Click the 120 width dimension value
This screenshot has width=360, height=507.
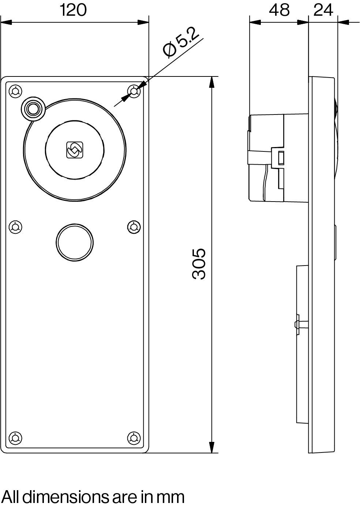click(x=73, y=10)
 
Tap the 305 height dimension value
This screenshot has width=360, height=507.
click(x=199, y=264)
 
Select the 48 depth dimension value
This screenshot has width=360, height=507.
click(x=279, y=10)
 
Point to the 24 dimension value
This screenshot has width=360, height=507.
click(x=323, y=10)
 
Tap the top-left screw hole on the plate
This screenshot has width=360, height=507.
click(x=15, y=91)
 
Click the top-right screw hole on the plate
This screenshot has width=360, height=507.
click(x=134, y=91)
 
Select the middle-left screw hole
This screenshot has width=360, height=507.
click(x=15, y=227)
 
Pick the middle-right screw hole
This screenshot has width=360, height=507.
click(x=134, y=227)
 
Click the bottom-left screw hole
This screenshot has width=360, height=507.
click(x=15, y=437)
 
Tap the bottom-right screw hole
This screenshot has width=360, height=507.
click(x=134, y=437)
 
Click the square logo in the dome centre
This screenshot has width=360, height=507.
click(x=75, y=150)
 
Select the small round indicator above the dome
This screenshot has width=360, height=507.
click(x=33, y=109)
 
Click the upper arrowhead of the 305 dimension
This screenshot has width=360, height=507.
click(x=211, y=82)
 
